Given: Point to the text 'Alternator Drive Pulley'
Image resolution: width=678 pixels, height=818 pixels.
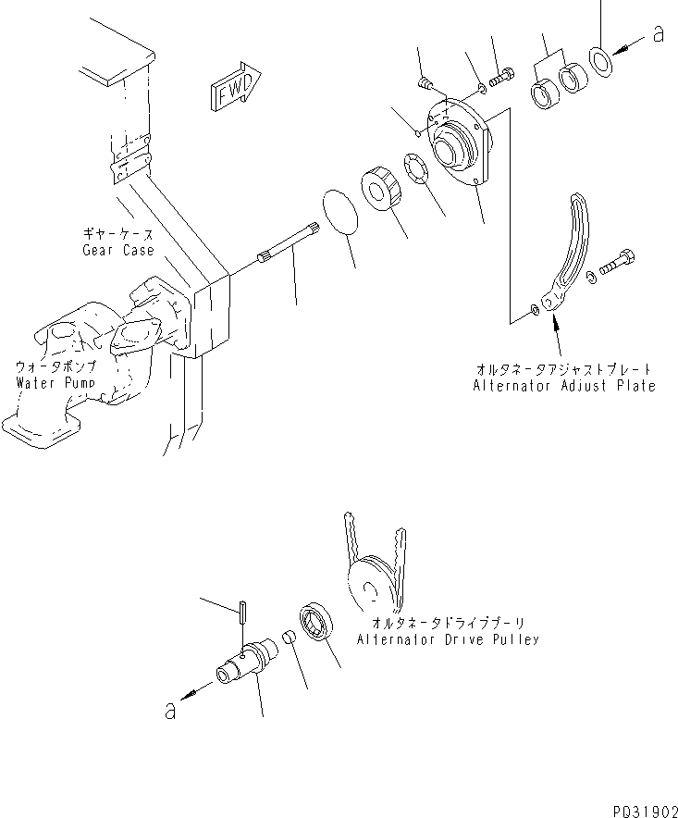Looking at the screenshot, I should click(x=447, y=639).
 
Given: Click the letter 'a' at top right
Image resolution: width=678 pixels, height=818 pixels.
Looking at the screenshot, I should click(x=659, y=34).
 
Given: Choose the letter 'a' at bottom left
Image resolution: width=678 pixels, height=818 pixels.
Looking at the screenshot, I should click(x=169, y=710).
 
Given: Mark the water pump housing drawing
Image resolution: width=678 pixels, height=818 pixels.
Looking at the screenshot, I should click(x=83, y=361).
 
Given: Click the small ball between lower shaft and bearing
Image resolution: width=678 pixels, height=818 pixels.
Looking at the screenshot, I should click(x=289, y=639).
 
